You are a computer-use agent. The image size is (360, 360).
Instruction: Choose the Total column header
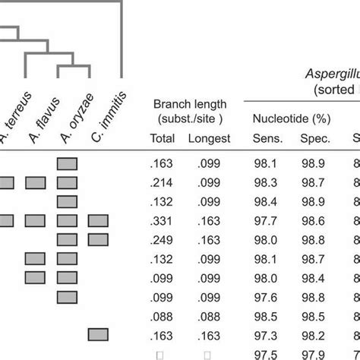161,138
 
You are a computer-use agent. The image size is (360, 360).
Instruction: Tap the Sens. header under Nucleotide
266,138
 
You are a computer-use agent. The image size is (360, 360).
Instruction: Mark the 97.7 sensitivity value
266,220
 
